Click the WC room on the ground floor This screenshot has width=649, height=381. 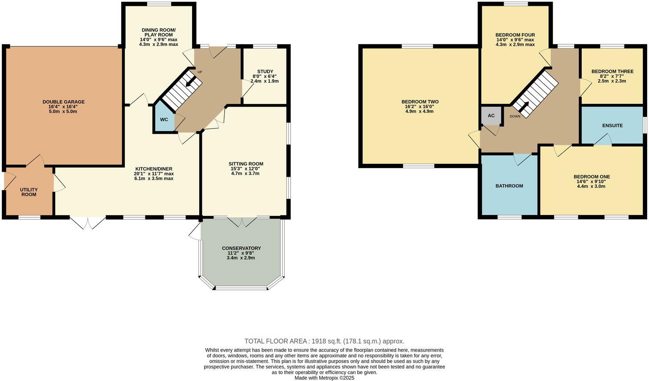164,120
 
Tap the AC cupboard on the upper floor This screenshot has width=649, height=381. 491,116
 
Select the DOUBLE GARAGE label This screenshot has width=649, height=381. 63,102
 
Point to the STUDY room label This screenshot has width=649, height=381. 265,71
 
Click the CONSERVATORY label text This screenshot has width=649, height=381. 241,248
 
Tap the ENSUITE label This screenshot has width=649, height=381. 612,125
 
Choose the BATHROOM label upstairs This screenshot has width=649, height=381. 509,186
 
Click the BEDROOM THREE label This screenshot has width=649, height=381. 612,71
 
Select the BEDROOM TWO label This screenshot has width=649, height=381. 419,102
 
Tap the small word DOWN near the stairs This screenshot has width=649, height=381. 515,116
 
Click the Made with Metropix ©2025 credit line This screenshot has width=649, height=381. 324,377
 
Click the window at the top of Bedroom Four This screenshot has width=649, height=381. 516,4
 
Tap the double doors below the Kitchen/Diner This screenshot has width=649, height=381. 87,222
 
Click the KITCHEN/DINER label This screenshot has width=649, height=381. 153,169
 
